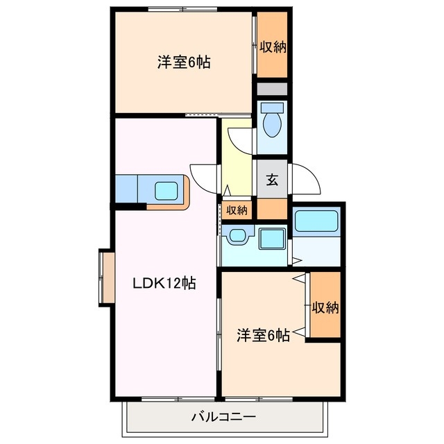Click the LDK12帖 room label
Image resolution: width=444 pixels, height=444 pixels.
164,284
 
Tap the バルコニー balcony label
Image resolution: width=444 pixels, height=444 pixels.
223,418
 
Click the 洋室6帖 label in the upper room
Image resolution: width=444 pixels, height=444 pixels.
183,62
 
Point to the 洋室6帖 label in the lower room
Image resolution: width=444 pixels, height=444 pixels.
263,335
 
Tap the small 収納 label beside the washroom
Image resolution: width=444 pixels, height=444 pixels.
237,210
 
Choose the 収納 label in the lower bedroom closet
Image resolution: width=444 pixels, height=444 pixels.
324,307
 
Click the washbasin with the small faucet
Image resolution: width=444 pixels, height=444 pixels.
238,237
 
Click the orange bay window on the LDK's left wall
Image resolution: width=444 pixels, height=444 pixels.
107,277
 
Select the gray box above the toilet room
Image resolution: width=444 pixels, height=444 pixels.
272,89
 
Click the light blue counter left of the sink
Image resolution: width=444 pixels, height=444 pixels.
127,188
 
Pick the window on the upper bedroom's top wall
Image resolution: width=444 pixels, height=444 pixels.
182,9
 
